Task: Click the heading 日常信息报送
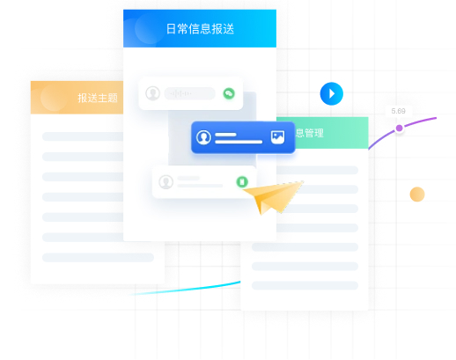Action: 200,29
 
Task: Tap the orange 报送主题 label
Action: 98,98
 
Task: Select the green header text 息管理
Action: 309,133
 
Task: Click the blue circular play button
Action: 332,93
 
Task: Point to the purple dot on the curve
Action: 399,128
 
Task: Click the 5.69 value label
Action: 398,111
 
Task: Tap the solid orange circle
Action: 417,195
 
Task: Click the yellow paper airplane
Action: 273,197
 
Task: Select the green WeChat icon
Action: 229,93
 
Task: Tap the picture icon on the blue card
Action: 277,137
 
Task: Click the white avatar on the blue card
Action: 203,137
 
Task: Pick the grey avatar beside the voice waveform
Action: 153,93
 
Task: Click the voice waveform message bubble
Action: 189,93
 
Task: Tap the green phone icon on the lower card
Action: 242,181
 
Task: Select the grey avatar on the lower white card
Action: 165,182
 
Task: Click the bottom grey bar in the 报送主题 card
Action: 98,257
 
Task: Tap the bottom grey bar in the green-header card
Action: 305,285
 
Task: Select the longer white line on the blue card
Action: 239,142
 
